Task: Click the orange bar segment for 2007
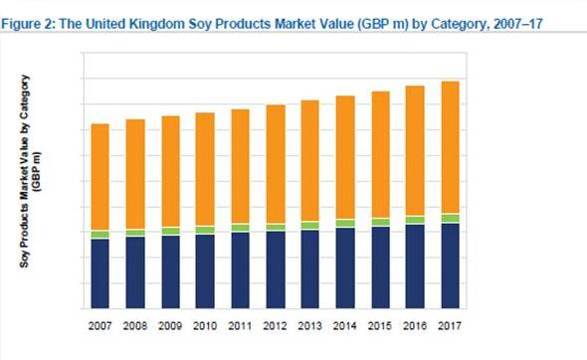click(99, 177)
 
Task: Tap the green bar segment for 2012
click(275, 227)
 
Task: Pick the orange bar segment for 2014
click(344, 157)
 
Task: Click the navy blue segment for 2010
click(205, 271)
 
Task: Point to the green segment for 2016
click(415, 220)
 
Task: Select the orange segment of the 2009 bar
click(170, 171)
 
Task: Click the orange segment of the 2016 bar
click(415, 150)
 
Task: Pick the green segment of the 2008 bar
click(134, 233)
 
